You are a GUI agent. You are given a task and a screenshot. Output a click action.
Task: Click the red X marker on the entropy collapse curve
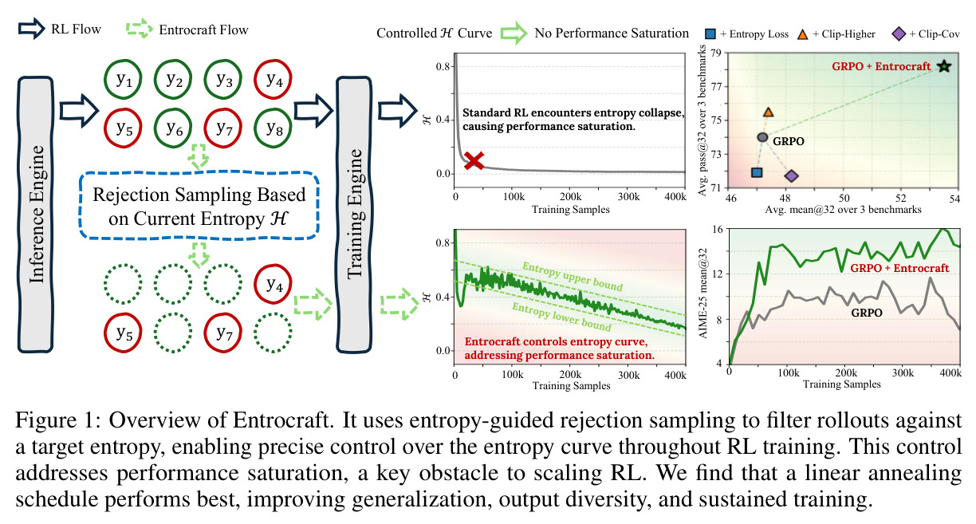pyautogui.click(x=474, y=160)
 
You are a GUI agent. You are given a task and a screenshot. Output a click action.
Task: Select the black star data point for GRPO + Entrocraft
pyautogui.click(x=944, y=66)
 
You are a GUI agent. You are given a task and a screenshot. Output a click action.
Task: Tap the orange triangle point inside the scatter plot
pyautogui.click(x=768, y=112)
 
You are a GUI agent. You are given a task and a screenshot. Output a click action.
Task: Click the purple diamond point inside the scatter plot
pyautogui.click(x=791, y=175)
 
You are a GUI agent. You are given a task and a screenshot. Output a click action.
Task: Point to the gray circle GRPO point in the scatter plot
pyautogui.click(x=762, y=137)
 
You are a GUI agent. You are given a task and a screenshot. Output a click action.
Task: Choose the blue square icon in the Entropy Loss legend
pyautogui.click(x=710, y=33)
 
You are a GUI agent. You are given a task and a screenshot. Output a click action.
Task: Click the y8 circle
pyautogui.click(x=274, y=128)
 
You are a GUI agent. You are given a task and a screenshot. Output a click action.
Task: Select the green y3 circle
pyautogui.click(x=223, y=79)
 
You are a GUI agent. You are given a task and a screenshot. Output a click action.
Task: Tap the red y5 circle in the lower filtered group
pyautogui.click(x=123, y=333)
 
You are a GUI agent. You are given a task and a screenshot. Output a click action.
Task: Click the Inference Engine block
pyautogui.click(x=36, y=215)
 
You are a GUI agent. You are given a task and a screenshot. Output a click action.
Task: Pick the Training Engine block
pyautogui.click(x=354, y=215)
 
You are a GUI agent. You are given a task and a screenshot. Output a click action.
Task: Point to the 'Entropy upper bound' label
pyautogui.click(x=573, y=277)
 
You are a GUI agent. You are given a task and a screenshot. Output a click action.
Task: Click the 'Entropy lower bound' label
pyautogui.click(x=561, y=317)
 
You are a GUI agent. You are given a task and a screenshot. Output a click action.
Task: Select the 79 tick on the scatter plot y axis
pyautogui.click(x=716, y=53)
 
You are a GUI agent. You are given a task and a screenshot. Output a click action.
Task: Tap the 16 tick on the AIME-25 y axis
pyautogui.click(x=717, y=229)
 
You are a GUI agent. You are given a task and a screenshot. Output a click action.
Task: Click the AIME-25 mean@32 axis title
pyautogui.click(x=702, y=294)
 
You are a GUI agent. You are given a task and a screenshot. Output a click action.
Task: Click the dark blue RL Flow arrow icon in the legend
pyautogui.click(x=31, y=29)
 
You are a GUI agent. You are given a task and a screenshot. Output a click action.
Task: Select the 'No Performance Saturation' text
pyautogui.click(x=612, y=33)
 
